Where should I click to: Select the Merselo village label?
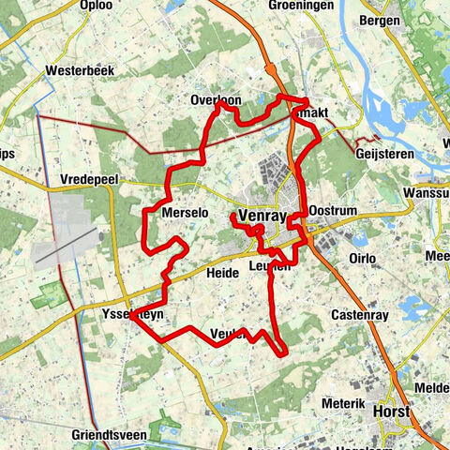point(184,213)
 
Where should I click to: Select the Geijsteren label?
point(385,153)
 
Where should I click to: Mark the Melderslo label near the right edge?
point(436,388)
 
